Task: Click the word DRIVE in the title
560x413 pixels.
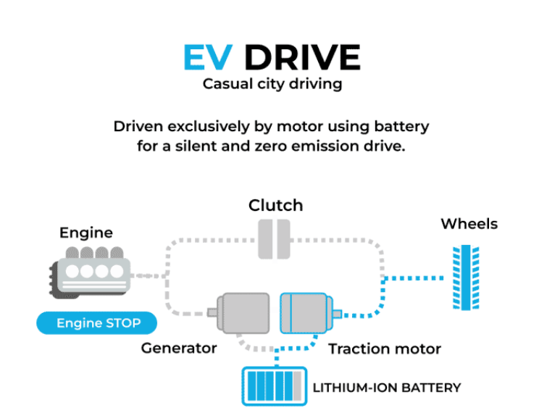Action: pyautogui.click(x=303, y=57)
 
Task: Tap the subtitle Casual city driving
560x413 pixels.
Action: pyautogui.click(x=272, y=84)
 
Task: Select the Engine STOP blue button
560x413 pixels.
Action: pyautogui.click(x=97, y=323)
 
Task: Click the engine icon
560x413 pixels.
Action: pyautogui.click(x=90, y=272)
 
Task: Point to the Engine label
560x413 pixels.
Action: pyautogui.click(x=86, y=233)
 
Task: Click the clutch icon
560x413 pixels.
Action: pyautogui.click(x=274, y=239)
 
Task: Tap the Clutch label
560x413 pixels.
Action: pyautogui.click(x=276, y=206)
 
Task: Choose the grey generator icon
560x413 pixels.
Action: pyautogui.click(x=239, y=313)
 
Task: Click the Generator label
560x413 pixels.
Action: pyautogui.click(x=179, y=348)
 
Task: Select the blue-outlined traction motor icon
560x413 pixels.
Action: pyautogui.click(x=310, y=313)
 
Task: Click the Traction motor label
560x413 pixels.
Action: pyautogui.click(x=385, y=349)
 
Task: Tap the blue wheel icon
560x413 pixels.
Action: pyautogui.click(x=466, y=278)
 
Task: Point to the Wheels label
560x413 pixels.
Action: pyautogui.click(x=469, y=224)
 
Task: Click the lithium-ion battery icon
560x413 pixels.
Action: pyautogui.click(x=275, y=386)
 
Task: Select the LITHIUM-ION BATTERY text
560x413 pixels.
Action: pyautogui.click(x=387, y=388)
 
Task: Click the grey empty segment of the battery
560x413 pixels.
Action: pyautogui.click(x=298, y=386)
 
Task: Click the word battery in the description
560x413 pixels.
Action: pyautogui.click(x=401, y=127)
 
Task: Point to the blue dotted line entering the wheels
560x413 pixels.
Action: pyautogui.click(x=414, y=278)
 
